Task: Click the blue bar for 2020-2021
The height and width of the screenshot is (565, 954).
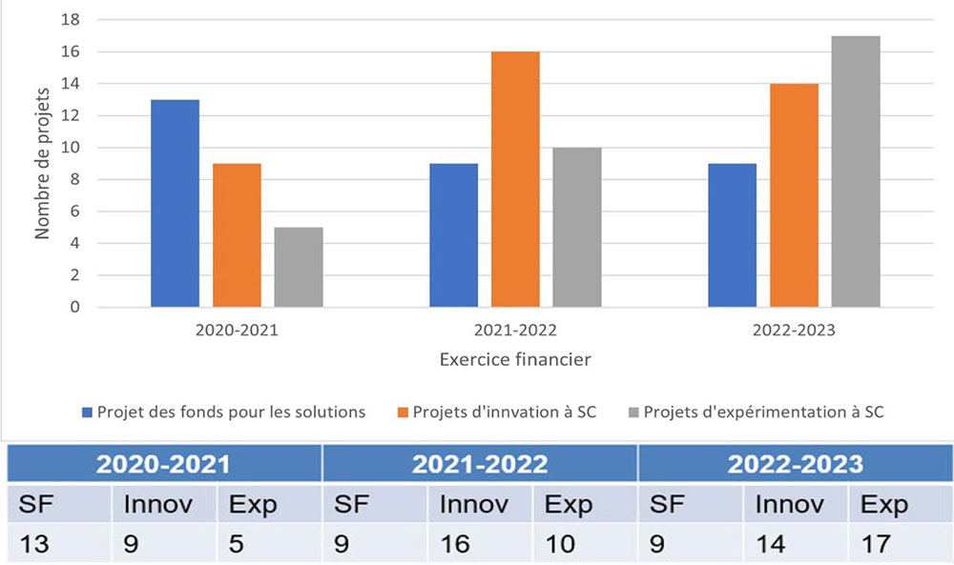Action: pyautogui.click(x=175, y=203)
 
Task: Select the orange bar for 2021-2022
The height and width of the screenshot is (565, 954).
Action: pyautogui.click(x=515, y=179)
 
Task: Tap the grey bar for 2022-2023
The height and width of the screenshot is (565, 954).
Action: pyautogui.click(x=856, y=172)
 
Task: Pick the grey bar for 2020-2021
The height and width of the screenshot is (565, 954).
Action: pyautogui.click(x=299, y=267)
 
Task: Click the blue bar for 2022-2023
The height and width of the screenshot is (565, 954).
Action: pyautogui.click(x=732, y=235)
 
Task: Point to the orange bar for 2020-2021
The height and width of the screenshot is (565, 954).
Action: pyautogui.click(x=237, y=235)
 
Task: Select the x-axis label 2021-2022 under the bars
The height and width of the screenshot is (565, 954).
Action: pyautogui.click(x=515, y=331)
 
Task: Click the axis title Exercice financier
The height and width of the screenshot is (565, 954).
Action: pyautogui.click(x=515, y=360)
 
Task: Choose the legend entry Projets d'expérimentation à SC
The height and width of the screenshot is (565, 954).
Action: pyautogui.click(x=762, y=413)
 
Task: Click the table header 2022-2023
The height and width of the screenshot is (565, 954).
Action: pyautogui.click(x=795, y=464)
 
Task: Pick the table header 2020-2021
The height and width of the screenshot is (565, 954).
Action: pyautogui.click(x=164, y=464)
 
